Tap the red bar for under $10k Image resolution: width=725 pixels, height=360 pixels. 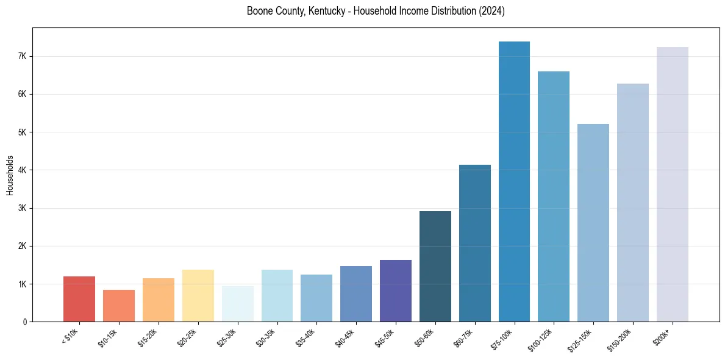pos(79,299)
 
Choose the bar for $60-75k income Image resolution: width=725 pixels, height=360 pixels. pos(475,243)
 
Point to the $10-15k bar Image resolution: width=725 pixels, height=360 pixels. pos(119,306)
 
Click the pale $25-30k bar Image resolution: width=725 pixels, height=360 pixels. pos(237,304)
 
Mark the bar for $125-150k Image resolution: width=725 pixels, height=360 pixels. pos(593,223)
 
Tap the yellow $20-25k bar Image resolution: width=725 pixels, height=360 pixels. pos(198,296)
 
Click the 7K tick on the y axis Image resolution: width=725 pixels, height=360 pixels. pos(23,56)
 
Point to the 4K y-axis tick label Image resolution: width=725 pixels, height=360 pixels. pos(23,170)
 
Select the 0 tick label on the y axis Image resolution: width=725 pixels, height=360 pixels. pos(25,322)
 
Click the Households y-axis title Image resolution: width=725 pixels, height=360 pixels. pos(10,175)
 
